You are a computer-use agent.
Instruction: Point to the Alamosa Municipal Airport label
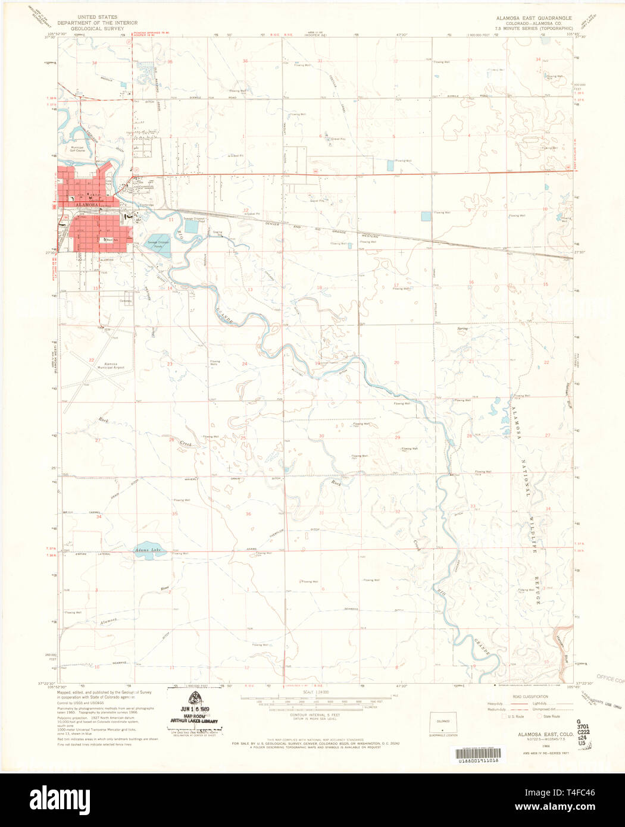coord(111,365)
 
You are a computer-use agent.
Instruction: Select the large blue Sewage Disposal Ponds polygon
coord(158,246)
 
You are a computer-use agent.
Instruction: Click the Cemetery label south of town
coord(126,301)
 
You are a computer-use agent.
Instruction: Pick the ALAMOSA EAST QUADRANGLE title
coord(534,18)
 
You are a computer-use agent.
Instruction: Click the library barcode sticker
coord(478,760)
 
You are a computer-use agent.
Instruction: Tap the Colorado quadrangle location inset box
coord(443,722)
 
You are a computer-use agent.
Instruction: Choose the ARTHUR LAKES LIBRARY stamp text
coord(194,721)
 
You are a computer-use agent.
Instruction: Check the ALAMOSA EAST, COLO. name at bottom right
coord(537,735)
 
